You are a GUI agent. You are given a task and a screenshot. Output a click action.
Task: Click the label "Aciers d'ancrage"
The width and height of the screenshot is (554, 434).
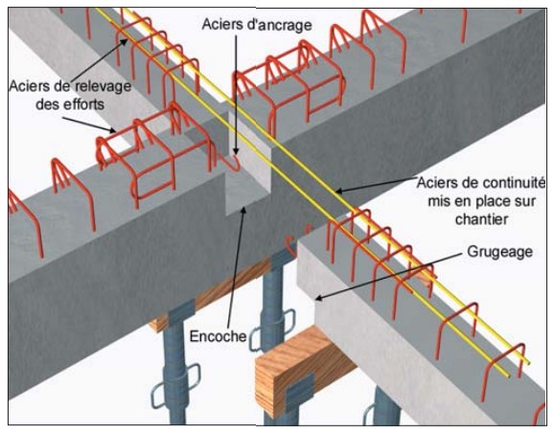pos(257,25)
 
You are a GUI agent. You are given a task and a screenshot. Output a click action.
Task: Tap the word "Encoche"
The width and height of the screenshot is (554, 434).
pos(218,336)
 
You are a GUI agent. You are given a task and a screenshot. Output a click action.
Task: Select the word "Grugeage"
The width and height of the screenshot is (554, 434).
pos(499,253)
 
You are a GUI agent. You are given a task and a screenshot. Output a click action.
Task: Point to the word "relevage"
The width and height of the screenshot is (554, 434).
pos(103,86)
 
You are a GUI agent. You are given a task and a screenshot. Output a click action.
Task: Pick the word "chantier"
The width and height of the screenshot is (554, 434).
pos(481,219)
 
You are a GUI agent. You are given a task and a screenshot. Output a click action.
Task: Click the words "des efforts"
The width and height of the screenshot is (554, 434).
pos(70,104)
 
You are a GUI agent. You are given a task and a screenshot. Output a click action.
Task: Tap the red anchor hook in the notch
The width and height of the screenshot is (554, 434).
pos(233,164)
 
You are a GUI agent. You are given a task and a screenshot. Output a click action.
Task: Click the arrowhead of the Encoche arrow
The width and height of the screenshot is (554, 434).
pos(243,210)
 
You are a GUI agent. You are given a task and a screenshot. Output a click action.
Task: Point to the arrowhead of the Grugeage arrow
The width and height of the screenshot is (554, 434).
pos(318,298)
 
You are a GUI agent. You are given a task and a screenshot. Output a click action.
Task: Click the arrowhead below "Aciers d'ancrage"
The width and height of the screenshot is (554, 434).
pos(236,152)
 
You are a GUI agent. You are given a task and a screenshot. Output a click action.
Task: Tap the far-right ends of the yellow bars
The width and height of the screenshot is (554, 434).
pos(519,369)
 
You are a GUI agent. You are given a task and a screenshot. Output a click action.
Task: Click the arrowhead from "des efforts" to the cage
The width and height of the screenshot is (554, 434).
pos(113,130)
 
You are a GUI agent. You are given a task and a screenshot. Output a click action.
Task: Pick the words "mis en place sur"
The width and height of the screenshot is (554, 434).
pos(482,201)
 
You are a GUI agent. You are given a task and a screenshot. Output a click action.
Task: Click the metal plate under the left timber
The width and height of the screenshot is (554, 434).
pos(181,311)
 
